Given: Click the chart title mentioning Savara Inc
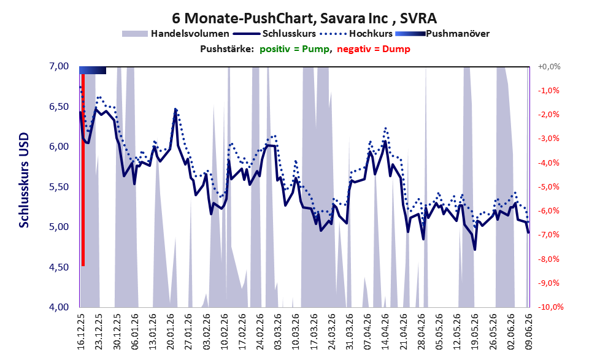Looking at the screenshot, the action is pos(304,18).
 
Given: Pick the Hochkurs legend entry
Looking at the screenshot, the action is pos(356,34).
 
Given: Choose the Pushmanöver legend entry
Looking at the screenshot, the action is pos(442,34).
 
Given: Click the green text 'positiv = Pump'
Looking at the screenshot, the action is pos(295,49).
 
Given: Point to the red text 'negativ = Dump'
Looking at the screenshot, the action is pos(374,49).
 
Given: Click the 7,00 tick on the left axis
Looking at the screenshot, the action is pos(60,66).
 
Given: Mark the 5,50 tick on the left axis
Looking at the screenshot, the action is pos(60,187).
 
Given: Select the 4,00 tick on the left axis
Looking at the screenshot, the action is pos(60,307).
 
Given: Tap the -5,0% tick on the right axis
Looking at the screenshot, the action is pos(548,187).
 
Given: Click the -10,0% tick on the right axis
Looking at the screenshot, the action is pos(550,307).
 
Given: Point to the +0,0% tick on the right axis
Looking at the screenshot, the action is pos(549,67).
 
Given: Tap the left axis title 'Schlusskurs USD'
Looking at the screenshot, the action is pos(24,180).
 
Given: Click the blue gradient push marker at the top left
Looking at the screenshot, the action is pos(93,70).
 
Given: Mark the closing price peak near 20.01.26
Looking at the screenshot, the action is pos(175,110).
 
